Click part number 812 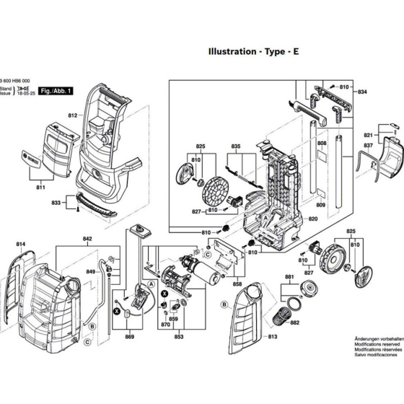point(73,115)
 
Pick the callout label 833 point(56,203)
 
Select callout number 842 point(87,239)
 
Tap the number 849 point(91,271)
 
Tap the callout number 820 point(313,219)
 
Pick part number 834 point(362,92)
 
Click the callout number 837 point(368,146)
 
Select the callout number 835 point(235,146)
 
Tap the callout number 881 point(289,276)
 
